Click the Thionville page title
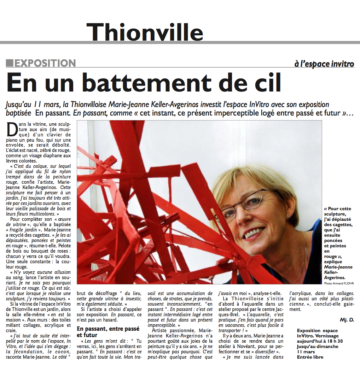(x=145, y=31)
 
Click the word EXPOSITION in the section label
(x=45, y=63)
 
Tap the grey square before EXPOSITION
(x=10, y=63)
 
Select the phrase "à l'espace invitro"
(x=324, y=64)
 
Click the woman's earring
(x=288, y=215)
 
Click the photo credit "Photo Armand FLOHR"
(x=339, y=283)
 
